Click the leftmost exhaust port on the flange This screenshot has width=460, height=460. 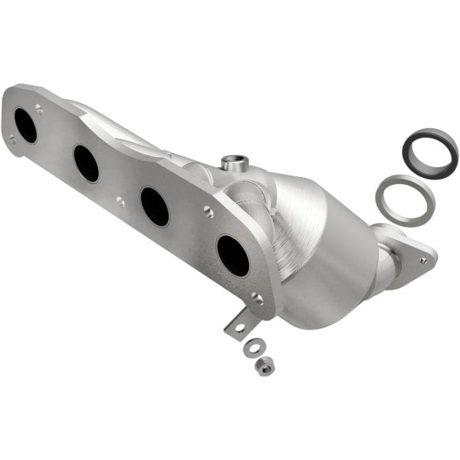click(x=25, y=126)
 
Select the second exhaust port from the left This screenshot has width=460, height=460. click(x=86, y=163)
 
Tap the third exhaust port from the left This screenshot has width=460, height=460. click(x=155, y=206)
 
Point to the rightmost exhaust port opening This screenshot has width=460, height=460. click(x=233, y=255)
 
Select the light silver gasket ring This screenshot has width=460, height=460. click(x=405, y=199)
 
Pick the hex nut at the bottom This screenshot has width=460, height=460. click(x=264, y=366)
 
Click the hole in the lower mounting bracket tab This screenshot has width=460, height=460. click(x=240, y=327)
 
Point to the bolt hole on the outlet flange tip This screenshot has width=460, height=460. click(x=422, y=260)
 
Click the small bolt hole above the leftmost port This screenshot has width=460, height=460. click(x=39, y=110)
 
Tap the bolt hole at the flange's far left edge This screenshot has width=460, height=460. click(x=11, y=139)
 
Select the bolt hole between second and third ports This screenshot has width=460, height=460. click(x=120, y=202)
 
